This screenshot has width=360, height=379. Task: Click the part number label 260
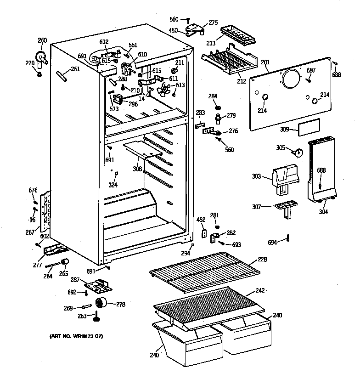(x=42, y=40)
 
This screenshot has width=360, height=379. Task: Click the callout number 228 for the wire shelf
(x=262, y=260)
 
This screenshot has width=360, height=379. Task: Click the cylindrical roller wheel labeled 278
(x=101, y=304)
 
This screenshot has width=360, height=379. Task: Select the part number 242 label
(x=260, y=290)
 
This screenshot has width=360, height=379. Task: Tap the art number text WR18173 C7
(x=76, y=337)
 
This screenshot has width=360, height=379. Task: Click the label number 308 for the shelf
(x=137, y=169)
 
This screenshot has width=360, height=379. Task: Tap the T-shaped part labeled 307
(x=285, y=209)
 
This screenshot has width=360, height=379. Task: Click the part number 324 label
(x=112, y=185)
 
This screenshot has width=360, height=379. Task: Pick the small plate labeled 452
(x=202, y=233)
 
